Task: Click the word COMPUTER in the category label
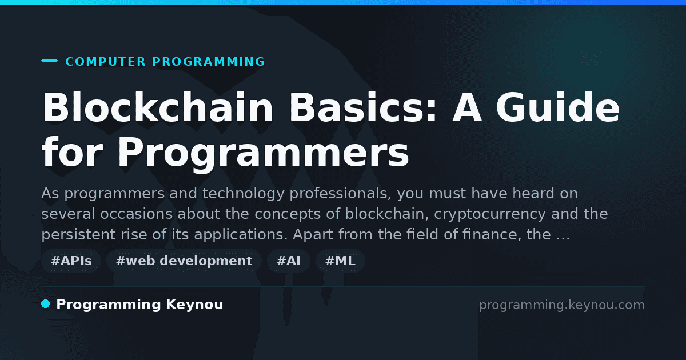click(106, 62)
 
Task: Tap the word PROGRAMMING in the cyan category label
click(209, 62)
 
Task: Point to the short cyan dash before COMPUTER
click(49, 61)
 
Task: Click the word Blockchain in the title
click(157, 107)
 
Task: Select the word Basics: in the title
click(362, 107)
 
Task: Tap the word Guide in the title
click(558, 107)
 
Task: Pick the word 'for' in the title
click(72, 153)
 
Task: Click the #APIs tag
click(71, 261)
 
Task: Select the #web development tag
click(184, 261)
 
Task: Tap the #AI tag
click(289, 261)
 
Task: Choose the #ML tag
click(340, 261)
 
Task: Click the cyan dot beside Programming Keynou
click(46, 304)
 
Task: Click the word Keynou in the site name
click(194, 305)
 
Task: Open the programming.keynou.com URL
click(562, 305)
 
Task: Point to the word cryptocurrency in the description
click(490, 214)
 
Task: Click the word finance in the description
click(492, 234)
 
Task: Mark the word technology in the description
click(244, 194)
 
